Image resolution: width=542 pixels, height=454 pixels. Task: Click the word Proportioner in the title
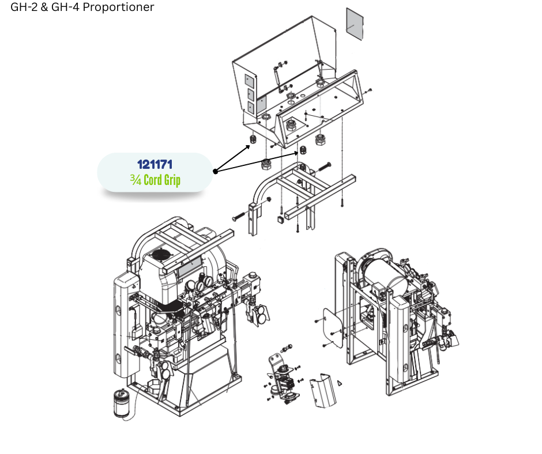(118, 7)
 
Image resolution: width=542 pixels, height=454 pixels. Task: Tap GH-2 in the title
(24, 7)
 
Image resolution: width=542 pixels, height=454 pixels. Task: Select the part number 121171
(155, 164)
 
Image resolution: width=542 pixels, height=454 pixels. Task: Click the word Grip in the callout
(172, 180)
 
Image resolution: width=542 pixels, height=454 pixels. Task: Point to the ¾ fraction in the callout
(135, 180)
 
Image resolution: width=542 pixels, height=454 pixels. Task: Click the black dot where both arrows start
(215, 171)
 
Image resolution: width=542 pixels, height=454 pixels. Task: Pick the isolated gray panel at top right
(355, 24)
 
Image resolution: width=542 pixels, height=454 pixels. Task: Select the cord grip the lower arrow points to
(303, 150)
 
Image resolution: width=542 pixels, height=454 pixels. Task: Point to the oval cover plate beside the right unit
(333, 327)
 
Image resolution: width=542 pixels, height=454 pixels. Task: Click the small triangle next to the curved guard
(340, 383)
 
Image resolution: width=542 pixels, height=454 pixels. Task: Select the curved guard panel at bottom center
(323, 391)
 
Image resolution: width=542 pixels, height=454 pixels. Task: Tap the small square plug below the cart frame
(280, 219)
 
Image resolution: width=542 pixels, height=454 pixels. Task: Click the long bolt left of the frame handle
(239, 216)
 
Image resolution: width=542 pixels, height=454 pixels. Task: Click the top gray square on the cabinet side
(249, 81)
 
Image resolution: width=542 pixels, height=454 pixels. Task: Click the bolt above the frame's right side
(324, 167)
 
